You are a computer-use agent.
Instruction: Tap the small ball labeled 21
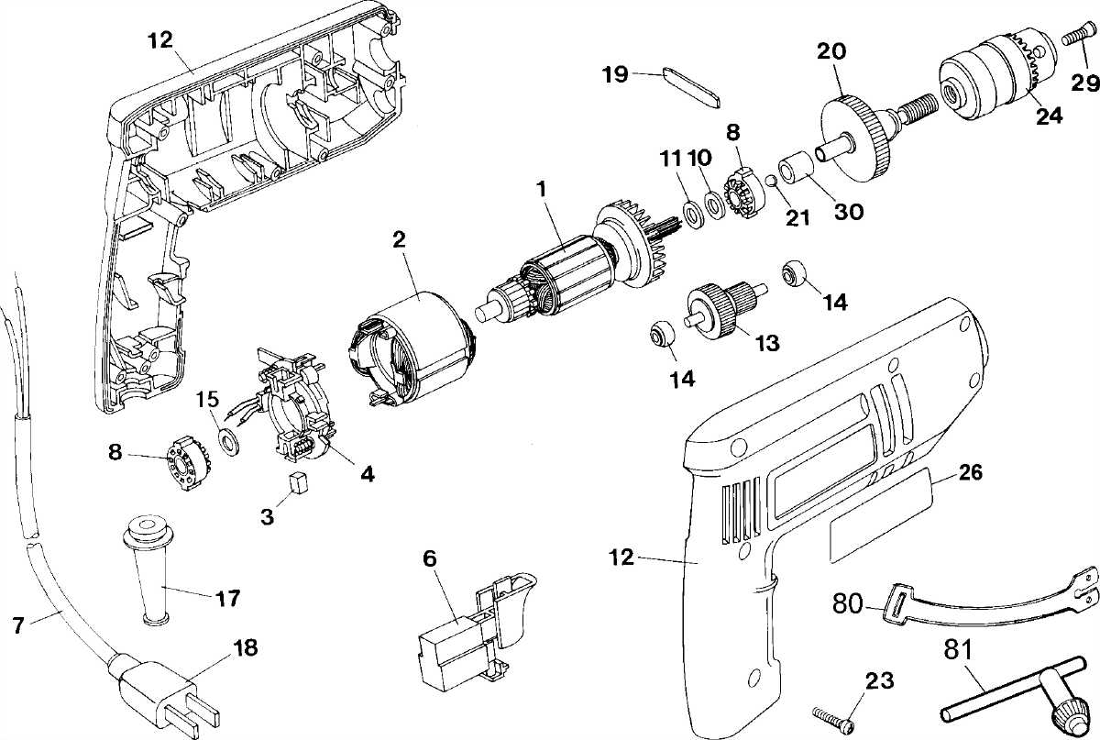point(771,181)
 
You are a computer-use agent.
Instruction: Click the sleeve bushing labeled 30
point(796,169)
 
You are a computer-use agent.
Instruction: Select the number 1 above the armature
point(542,191)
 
